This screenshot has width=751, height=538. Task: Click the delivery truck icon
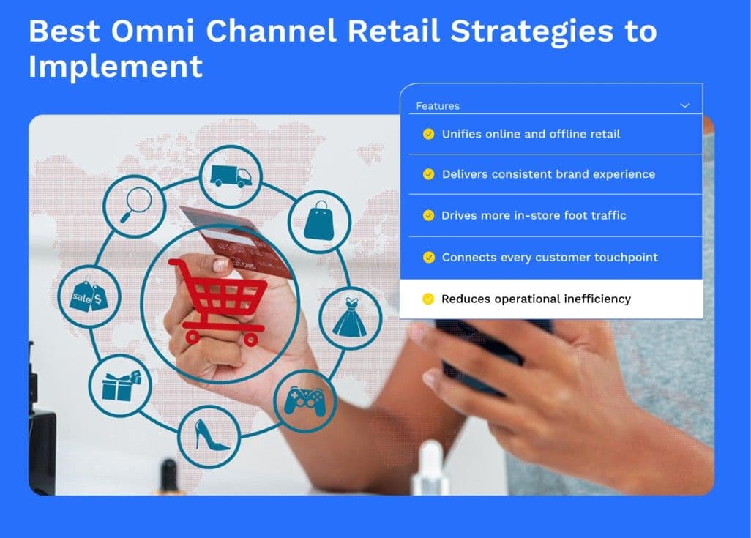231,176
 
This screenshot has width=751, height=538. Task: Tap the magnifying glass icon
135,204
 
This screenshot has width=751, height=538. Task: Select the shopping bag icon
319,220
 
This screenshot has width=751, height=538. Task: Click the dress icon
350,317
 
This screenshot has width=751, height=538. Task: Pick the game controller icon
304,400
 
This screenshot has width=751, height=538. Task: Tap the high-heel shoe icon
209,435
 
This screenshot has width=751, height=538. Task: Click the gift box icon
120,386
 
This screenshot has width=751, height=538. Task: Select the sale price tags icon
89,296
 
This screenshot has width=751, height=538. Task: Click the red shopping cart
218,302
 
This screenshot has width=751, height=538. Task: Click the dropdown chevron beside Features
685,105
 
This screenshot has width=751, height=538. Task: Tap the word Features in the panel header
438,106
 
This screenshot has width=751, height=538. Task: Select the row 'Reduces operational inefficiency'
551,299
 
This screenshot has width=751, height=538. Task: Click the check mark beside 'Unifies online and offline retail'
429,134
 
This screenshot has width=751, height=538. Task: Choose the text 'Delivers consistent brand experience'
548,174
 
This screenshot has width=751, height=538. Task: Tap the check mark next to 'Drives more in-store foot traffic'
429,216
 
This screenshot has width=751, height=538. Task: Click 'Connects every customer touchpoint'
550,257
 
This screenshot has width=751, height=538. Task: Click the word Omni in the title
153,31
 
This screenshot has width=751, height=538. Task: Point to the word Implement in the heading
116,66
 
